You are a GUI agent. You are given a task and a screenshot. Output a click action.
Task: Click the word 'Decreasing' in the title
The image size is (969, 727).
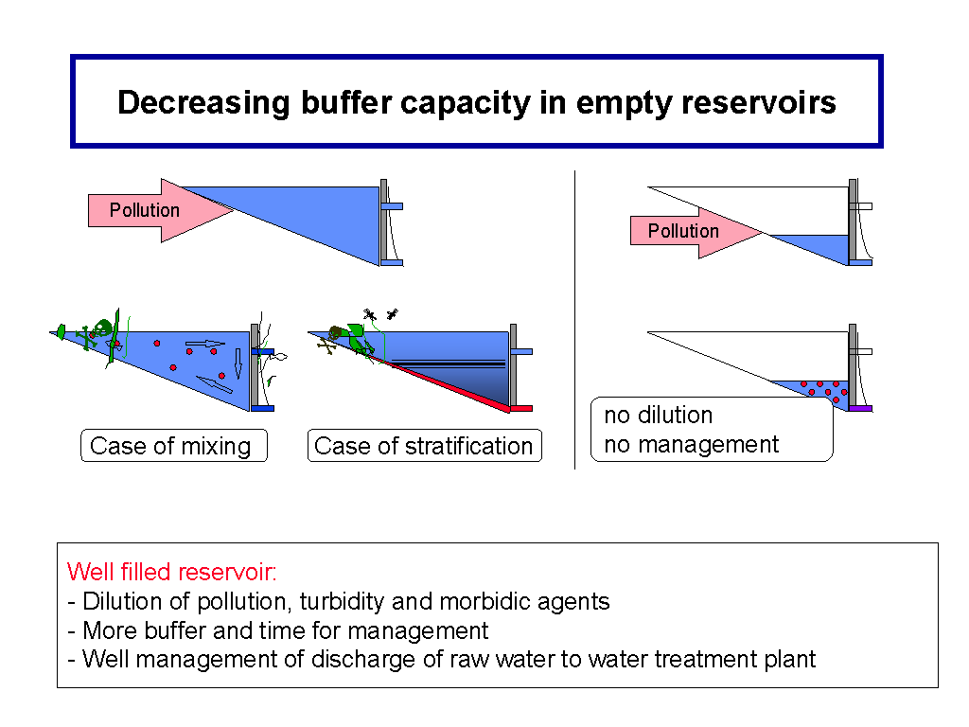coord(203,103)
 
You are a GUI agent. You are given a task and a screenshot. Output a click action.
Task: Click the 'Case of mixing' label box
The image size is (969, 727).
coord(174,445)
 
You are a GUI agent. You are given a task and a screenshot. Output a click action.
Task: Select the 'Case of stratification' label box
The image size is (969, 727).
coord(425,445)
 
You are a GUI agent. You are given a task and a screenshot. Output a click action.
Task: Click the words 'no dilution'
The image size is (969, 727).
coord(659,415)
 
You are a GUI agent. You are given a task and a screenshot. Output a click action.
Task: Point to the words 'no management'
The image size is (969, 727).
coord(692,445)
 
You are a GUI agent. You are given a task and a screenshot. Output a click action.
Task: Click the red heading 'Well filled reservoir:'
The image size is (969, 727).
coord(171,572)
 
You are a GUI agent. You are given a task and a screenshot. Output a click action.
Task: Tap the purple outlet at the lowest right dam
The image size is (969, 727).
coord(860,409)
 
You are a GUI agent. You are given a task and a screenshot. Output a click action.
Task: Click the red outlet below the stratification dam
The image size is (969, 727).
coord(521,409)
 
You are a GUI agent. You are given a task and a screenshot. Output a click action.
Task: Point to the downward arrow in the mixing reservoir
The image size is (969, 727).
coord(238,363)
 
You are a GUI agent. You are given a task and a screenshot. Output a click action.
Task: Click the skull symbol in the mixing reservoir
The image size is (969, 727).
coord(102,328)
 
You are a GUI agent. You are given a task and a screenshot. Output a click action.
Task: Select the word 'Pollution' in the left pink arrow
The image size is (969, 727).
coord(145,210)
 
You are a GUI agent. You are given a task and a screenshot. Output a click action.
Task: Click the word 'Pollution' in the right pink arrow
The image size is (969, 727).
coord(683,231)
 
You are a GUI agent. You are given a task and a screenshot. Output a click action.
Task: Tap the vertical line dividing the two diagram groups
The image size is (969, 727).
coord(574,320)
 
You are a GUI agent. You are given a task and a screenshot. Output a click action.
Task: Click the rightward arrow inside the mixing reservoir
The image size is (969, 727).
coord(205,344)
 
